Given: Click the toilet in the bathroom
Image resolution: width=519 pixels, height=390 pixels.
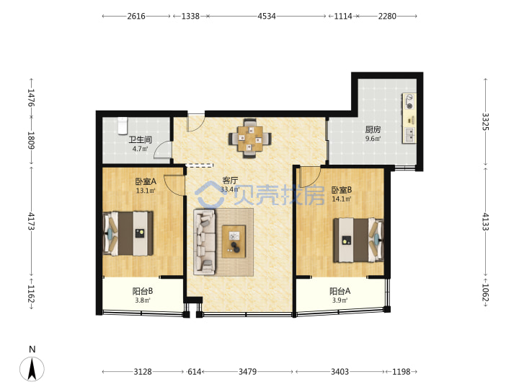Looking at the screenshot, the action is tap(123, 126).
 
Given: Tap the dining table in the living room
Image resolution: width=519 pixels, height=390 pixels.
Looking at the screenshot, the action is tap(250, 138).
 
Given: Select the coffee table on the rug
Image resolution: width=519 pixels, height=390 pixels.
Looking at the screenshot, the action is tap(234, 241).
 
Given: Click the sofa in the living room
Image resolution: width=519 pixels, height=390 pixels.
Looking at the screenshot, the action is tap(205, 242).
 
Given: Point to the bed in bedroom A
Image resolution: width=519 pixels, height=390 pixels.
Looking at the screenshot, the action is tap(128, 233).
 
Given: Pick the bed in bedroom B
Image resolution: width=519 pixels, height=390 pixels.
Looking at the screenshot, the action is tap(358, 240).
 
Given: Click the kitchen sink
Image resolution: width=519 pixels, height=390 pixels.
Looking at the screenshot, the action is tap(409, 134).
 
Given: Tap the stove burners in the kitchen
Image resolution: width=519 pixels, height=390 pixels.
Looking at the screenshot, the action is tap(409, 102).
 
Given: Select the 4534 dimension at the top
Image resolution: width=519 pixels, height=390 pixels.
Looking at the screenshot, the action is tap(267, 16).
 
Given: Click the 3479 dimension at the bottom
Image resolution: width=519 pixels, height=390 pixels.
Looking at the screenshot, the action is tap(247, 371).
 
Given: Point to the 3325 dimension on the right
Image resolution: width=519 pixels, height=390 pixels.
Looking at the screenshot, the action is tap(485, 122).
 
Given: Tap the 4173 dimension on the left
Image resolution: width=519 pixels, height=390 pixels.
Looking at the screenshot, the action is tap(31, 221).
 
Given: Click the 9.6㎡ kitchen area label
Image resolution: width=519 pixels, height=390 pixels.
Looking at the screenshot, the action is tap(373, 139).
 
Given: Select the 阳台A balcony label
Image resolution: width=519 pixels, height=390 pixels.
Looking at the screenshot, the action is tap(340, 291).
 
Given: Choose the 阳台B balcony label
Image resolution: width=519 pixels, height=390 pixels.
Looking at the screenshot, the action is tap(143, 291).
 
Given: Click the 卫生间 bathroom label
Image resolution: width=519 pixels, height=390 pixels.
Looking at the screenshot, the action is tap(140, 139).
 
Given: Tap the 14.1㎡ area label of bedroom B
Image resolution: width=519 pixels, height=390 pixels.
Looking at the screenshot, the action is tap(342, 199).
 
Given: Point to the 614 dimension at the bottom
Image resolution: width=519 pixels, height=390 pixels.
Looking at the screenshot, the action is tap(195, 371).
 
